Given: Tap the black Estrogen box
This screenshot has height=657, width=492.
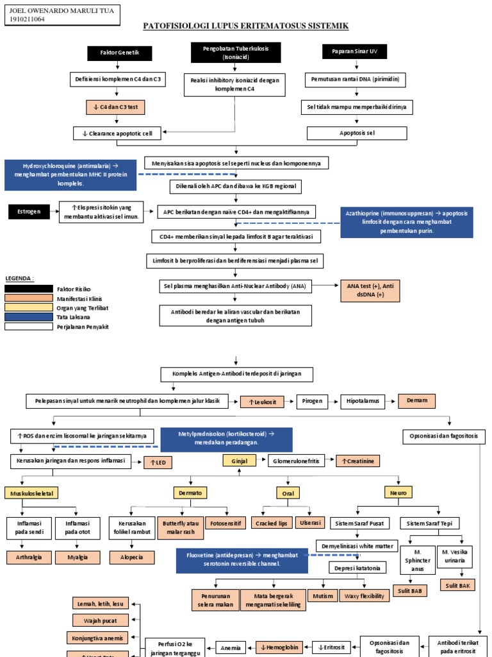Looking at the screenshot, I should point(28,210).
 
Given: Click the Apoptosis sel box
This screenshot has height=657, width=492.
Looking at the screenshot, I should point(357,133).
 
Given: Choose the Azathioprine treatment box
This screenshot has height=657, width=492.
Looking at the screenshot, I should point(407,222).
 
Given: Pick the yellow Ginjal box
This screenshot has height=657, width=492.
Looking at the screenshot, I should point(235,461).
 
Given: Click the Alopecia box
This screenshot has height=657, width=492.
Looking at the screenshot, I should point(132,558).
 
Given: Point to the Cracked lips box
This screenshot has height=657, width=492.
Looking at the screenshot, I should point(271,524).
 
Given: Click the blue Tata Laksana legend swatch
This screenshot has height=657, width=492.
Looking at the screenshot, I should point(29,316).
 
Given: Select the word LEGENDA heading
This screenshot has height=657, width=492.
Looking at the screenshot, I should point(19,278).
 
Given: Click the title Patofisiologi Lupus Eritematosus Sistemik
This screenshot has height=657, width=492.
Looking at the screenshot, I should point(245,26).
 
